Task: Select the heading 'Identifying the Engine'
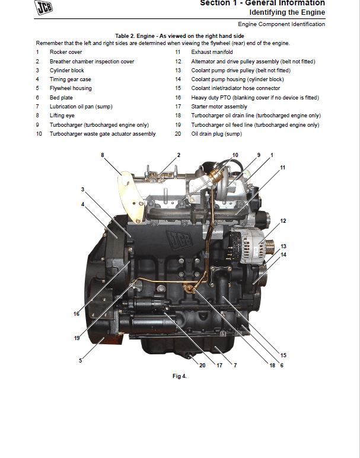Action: click(x=287, y=12)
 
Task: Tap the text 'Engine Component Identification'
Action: click(x=281, y=24)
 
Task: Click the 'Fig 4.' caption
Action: click(x=179, y=376)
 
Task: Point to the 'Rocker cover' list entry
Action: click(x=66, y=52)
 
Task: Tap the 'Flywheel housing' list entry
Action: click(x=70, y=88)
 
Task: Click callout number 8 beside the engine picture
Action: click(x=102, y=155)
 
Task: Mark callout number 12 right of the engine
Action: click(x=283, y=221)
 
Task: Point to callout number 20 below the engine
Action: click(x=202, y=366)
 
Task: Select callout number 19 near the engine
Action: click(x=77, y=338)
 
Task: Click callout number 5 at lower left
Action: click(x=80, y=360)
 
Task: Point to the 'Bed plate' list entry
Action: click(x=61, y=98)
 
